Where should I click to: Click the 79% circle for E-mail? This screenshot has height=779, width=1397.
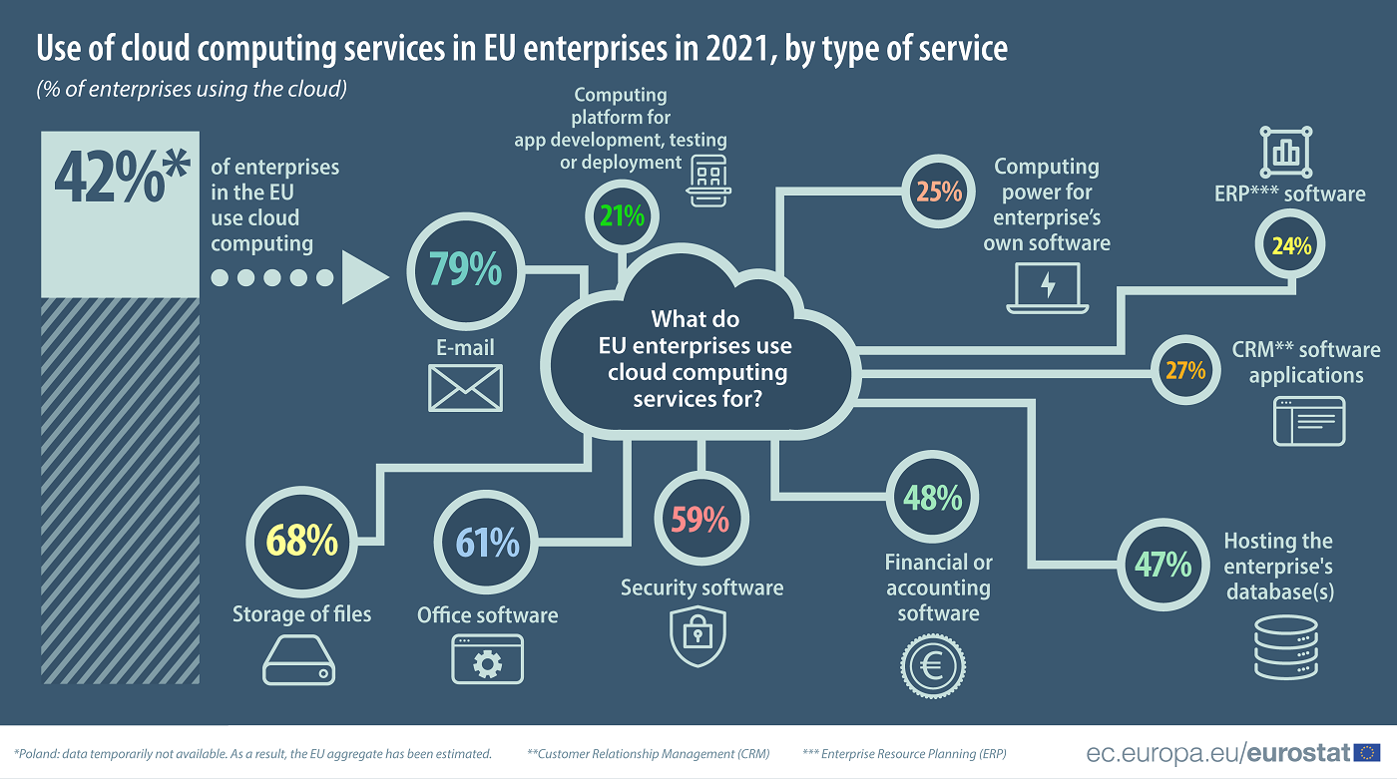pos(464,270)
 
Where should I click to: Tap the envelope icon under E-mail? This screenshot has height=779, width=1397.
pos(465,387)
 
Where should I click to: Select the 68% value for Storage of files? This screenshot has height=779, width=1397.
pos(302,541)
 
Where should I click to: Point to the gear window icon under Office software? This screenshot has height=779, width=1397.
pos(487,659)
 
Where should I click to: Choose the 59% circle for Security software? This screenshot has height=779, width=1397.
pos(700,520)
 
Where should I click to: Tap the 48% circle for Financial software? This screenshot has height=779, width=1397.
pos(933,498)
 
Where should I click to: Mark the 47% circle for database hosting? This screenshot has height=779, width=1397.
pos(1164,565)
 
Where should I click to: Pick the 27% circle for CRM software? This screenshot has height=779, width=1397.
pos(1185,370)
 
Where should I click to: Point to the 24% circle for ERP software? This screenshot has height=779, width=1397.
pos(1291,245)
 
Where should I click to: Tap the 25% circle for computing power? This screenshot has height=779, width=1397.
pos(939,192)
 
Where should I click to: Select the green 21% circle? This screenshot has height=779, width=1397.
pos(622,214)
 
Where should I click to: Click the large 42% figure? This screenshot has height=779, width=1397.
pos(120,179)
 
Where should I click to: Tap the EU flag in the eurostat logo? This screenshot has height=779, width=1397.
pos(1367,752)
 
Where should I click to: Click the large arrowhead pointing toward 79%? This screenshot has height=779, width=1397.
pos(361,277)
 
